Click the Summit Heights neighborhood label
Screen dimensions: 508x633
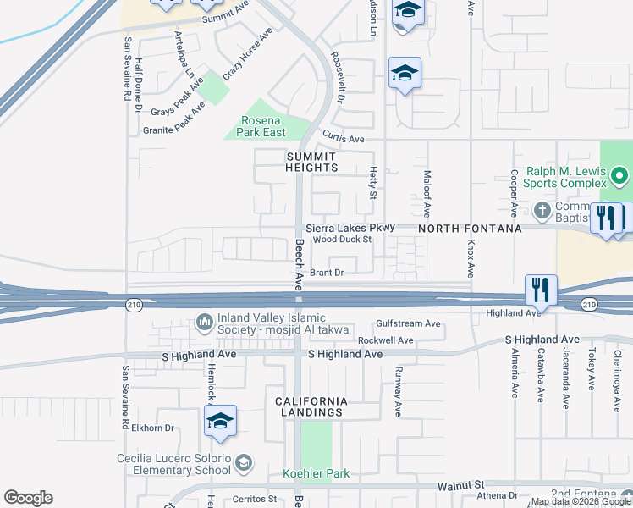pyautogui.click(x=311, y=162)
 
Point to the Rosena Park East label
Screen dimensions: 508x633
pyautogui.click(x=260, y=126)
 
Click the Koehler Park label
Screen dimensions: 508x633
pyautogui.click(x=316, y=473)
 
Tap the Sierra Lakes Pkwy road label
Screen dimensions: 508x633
pyautogui.click(x=350, y=229)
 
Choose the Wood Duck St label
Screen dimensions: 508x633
pyautogui.click(x=343, y=240)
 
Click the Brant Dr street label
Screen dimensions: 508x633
pyautogui.click(x=327, y=273)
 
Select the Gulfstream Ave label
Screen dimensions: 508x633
pyautogui.click(x=409, y=323)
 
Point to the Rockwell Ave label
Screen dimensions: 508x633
pyautogui.click(x=385, y=340)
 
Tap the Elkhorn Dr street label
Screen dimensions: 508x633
pyautogui.click(x=152, y=428)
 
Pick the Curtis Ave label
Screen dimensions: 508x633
pyautogui.click(x=343, y=139)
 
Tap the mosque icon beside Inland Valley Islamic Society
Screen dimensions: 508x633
pyautogui.click(x=204, y=321)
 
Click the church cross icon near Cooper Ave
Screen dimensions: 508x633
pyautogui.click(x=542, y=209)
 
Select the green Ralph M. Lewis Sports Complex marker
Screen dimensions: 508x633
pyautogui.click(x=619, y=177)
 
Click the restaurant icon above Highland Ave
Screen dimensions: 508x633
pyautogui.click(x=540, y=290)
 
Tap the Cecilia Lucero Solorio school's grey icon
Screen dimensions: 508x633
pyautogui.click(x=244, y=461)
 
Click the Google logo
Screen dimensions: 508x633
pyautogui.click(x=28, y=498)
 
